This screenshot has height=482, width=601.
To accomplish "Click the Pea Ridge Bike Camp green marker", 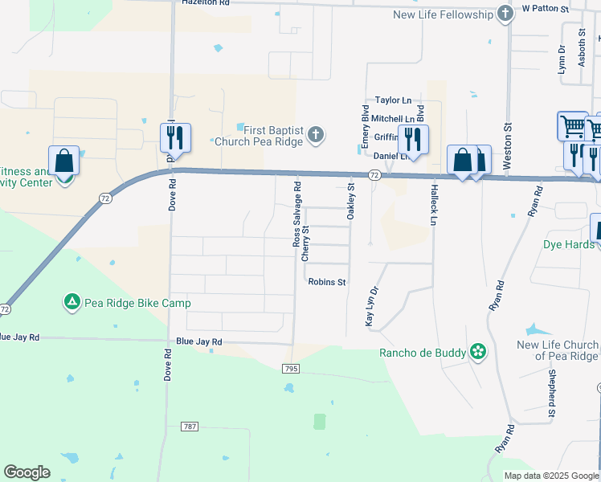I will [72, 303].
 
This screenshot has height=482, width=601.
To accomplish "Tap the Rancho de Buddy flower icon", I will [478, 352].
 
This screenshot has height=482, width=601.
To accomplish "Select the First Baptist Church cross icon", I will [316, 134].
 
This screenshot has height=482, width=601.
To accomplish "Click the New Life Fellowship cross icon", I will [505, 14].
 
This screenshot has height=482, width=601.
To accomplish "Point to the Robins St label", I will [327, 282].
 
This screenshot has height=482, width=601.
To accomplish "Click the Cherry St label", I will [305, 243].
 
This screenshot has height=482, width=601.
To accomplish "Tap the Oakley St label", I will [351, 202].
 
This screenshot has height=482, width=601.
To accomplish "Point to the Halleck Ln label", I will [434, 206].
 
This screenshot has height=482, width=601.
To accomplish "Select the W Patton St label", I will [545, 8].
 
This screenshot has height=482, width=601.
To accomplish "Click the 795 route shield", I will [291, 368].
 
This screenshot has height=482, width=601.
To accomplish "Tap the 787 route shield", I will [190, 427].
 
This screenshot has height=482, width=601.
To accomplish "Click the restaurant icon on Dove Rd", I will [175, 138].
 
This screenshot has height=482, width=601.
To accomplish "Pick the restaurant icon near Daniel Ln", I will [413, 139].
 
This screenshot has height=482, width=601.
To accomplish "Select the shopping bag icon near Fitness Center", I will [63, 161].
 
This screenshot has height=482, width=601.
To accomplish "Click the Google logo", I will [27, 472].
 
